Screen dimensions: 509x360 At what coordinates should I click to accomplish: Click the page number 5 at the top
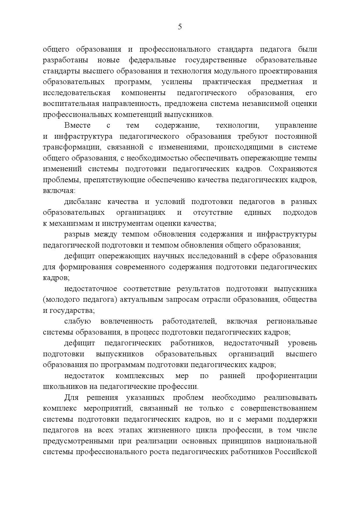[x=180, y=27]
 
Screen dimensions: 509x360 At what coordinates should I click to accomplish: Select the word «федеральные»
[x=152, y=60]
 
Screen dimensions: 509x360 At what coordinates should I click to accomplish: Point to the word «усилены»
[x=177, y=82]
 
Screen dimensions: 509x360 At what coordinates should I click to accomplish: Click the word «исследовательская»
[x=77, y=93]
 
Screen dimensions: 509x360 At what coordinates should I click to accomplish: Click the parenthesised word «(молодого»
[x=62, y=300]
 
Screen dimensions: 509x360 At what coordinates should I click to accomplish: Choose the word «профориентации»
[x=287, y=376]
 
